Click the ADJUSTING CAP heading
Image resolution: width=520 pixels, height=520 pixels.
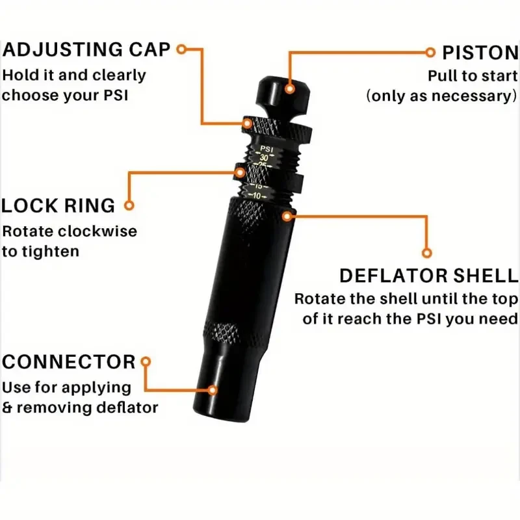[88, 50]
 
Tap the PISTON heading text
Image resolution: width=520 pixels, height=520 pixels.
[479, 52]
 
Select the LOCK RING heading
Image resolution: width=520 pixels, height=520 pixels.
[58, 205]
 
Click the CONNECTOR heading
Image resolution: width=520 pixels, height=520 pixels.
[69, 361]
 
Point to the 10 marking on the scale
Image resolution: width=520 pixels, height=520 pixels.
[257, 196]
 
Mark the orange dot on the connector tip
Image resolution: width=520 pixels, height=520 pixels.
[213, 390]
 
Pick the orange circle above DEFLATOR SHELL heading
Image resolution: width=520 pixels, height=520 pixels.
[427, 252]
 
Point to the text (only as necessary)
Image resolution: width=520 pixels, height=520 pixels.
[441, 96]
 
